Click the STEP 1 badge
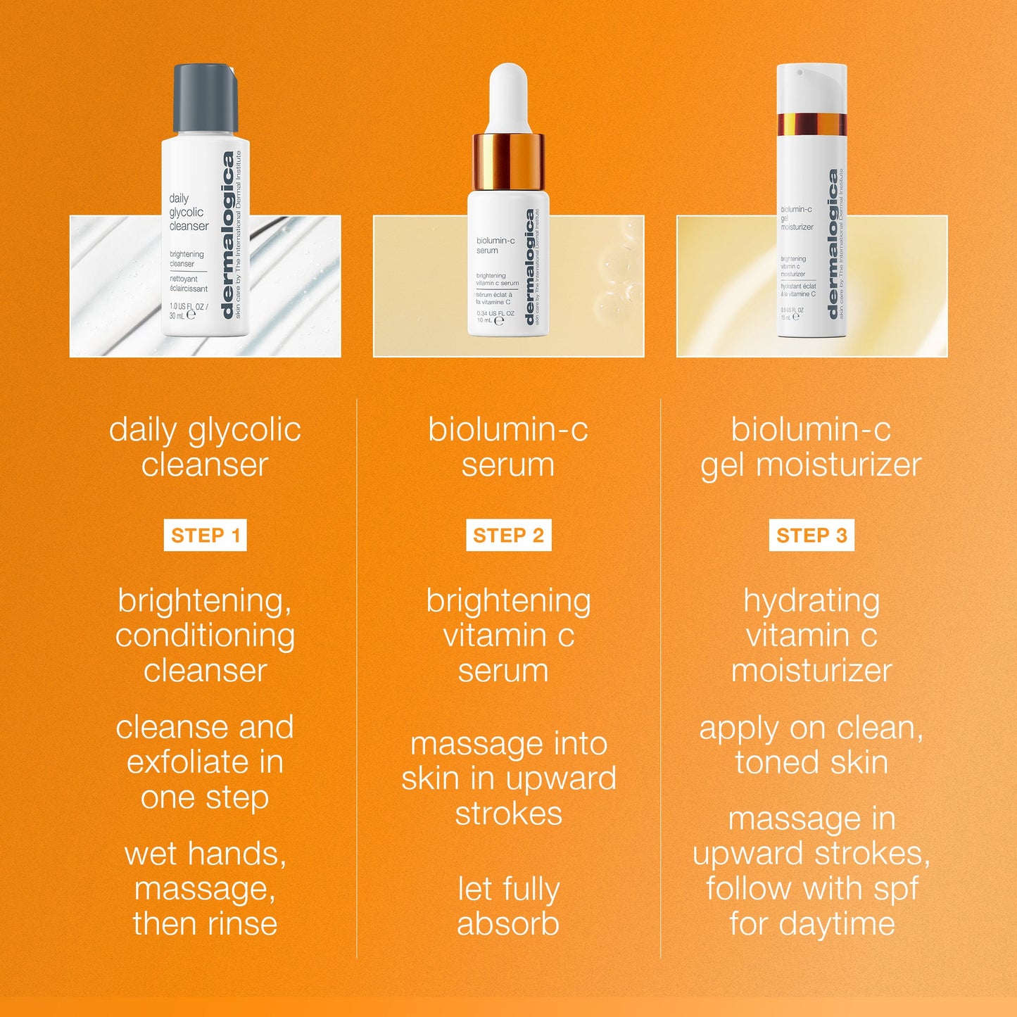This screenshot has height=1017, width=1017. coord(205,536)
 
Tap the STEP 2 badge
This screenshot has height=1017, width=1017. coord(508,536)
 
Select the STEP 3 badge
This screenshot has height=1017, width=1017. coord(811,536)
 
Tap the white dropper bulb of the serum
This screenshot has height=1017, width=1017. coord(508,95)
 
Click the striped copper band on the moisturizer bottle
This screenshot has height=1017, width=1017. coord(811,124)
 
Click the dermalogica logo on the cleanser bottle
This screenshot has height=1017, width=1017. coord(227,236)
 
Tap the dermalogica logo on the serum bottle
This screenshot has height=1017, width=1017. coord(530,267)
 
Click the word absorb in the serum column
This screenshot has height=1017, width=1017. coord(508,924)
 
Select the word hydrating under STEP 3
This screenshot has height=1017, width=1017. coord(811,602)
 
